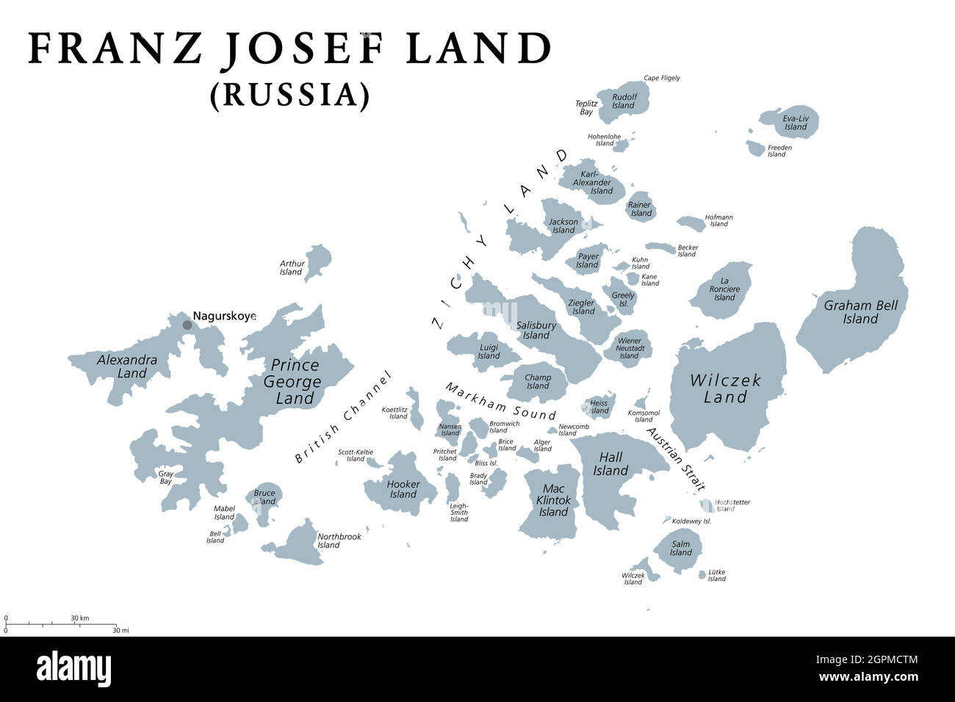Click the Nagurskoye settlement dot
pos(187,325)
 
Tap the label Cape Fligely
pos(662,78)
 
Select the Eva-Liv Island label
pos(795,122)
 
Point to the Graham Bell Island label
pos(860,312)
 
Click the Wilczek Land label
pos(725,388)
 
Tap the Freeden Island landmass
pos(756,148)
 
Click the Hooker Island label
pos(403,489)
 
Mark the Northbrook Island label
pos(339,540)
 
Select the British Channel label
pos(343,417)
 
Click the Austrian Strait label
pos(676,459)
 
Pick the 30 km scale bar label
pos(80,618)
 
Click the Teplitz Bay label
pos(585,108)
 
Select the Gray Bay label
pos(166,477)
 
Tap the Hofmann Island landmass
pos(691,223)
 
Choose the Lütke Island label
pos(716,575)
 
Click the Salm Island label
pos(681,548)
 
